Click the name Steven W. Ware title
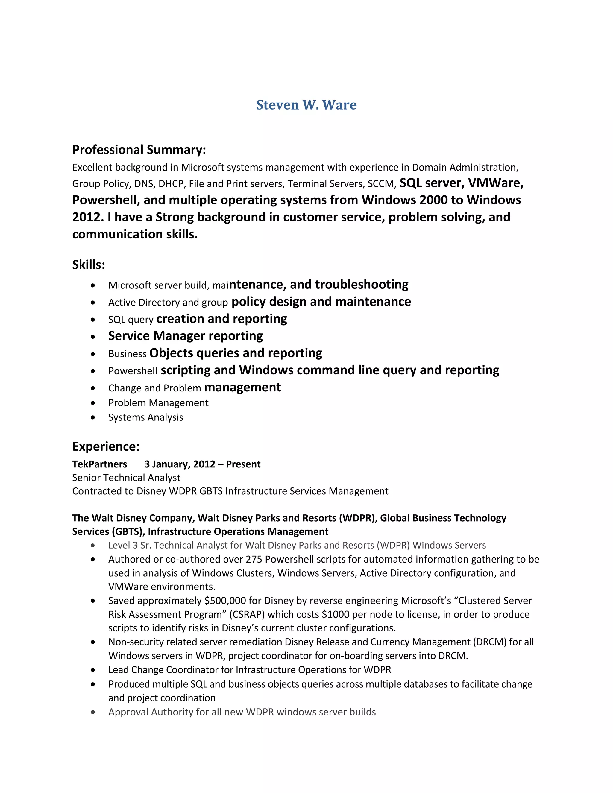pos(306,105)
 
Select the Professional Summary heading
pos(139,150)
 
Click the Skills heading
pos(89,265)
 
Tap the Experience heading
pos(106,446)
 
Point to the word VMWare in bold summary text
pos(495,183)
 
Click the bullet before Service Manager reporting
pos(93,337)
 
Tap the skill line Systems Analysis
pos(146,417)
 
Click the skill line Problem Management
pos(158,403)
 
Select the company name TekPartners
pos(99,464)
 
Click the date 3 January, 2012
pos(180,464)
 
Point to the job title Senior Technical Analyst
pos(126,478)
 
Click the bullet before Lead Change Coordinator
pos(93,670)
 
